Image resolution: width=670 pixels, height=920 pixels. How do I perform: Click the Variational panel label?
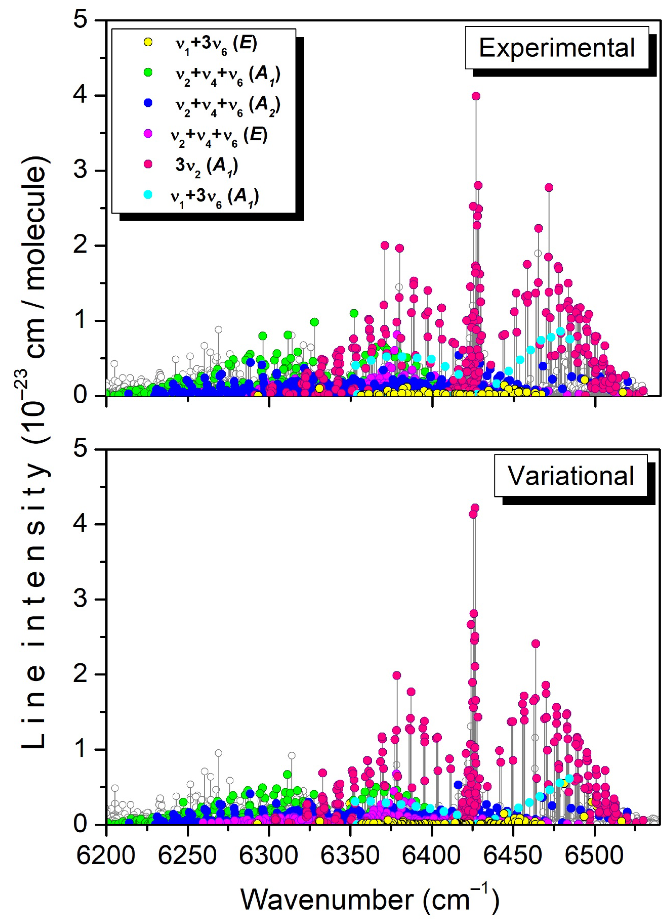click(570, 475)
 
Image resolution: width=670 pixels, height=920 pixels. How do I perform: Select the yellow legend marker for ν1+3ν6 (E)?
click(148, 42)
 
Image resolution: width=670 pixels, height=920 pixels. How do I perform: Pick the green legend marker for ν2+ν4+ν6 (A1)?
click(148, 72)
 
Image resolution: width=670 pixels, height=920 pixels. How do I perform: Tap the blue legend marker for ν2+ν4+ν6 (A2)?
click(148, 103)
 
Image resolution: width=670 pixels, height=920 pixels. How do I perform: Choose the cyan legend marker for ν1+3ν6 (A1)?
click(148, 195)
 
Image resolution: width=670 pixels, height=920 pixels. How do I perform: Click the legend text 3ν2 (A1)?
click(206, 166)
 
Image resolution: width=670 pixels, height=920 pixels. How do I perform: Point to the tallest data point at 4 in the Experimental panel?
click(476, 96)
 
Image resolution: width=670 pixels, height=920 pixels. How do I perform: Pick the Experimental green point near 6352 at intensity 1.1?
click(354, 313)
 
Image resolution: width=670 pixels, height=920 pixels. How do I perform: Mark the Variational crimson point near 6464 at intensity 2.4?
click(536, 643)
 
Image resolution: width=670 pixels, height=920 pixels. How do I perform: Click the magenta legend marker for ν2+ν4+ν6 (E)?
click(148, 133)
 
